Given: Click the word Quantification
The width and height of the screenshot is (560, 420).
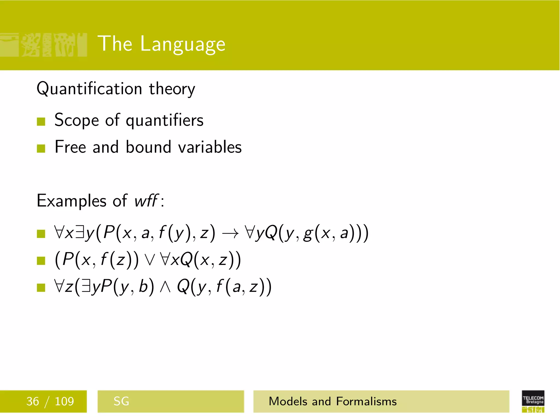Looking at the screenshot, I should click(89, 89).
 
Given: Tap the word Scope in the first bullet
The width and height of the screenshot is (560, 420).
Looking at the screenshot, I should click(77, 120).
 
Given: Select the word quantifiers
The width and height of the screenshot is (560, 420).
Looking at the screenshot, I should click(165, 120).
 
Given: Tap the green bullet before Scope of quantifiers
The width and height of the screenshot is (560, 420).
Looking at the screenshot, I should click(41, 121).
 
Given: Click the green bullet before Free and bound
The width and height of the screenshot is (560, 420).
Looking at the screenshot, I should click(41, 148).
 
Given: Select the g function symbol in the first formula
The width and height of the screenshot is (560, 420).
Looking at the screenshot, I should click(308, 234).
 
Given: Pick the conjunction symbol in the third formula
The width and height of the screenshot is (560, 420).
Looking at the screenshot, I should click(165, 287).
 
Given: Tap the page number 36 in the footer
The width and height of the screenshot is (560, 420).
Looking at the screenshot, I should click(33, 401).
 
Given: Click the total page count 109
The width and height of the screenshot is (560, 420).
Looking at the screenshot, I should click(64, 401).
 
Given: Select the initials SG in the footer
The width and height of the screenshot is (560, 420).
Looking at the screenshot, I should click(121, 401).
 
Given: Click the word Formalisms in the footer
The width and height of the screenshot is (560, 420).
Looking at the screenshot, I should click(366, 401).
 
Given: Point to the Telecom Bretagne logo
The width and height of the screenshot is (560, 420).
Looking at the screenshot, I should click(533, 401).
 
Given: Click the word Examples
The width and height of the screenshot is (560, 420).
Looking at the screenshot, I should click(71, 201).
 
